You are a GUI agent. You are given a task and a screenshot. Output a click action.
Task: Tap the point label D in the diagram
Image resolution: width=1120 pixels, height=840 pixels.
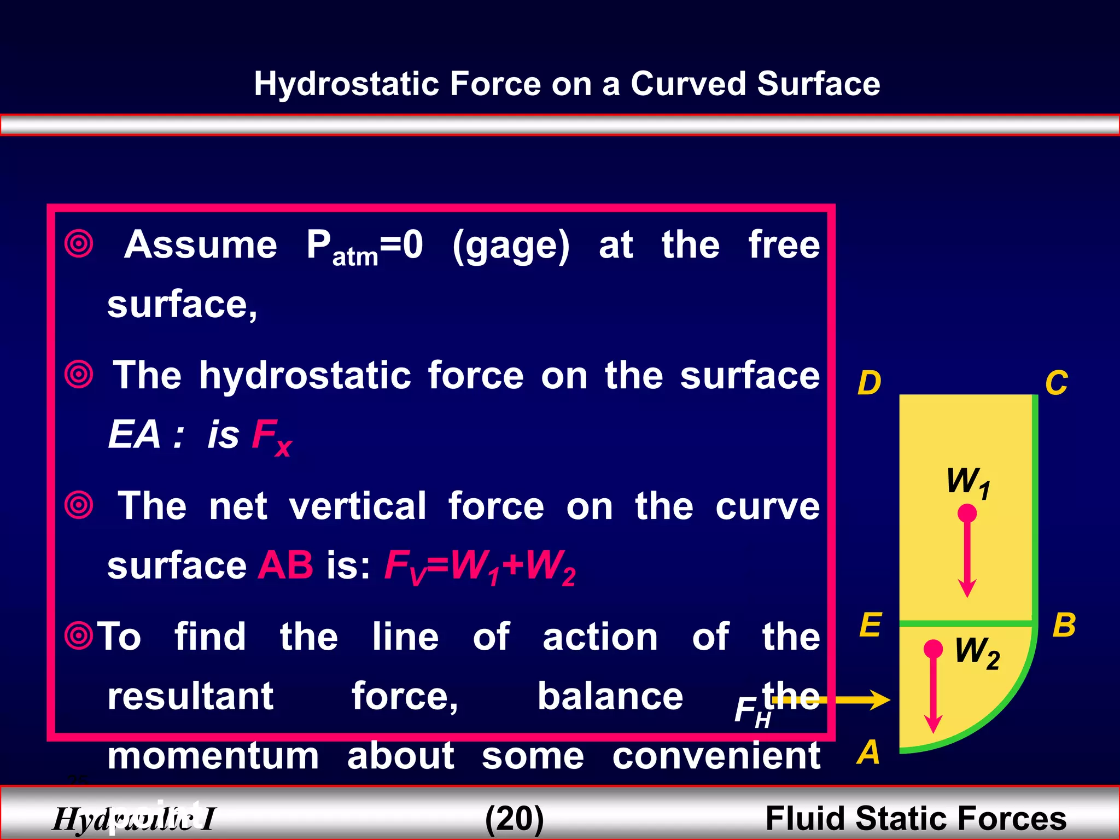[x=869, y=383]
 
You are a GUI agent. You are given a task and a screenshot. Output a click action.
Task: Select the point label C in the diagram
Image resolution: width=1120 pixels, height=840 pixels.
[x=1056, y=383]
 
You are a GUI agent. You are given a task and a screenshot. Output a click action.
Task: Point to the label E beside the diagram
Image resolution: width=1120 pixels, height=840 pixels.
[x=870, y=625]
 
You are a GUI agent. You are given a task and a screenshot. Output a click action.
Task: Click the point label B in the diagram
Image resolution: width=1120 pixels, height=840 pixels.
[x=1064, y=625]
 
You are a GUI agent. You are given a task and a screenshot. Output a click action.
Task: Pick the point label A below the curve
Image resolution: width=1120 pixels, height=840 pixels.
[x=868, y=752]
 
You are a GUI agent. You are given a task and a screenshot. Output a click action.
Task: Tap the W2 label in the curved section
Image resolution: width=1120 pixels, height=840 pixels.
[x=977, y=652]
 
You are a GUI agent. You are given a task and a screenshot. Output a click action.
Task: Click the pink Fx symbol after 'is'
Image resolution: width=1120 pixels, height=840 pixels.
[x=271, y=436]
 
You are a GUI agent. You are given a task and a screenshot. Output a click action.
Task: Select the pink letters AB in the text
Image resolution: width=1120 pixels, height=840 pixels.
[x=286, y=565]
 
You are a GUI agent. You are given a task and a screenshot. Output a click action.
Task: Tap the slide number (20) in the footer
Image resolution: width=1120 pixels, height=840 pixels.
[x=515, y=818]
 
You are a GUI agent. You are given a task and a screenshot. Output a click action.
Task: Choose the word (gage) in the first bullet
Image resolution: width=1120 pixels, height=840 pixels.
[x=511, y=246]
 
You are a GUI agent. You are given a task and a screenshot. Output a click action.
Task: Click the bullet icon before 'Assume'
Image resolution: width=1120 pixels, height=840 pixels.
[x=79, y=243]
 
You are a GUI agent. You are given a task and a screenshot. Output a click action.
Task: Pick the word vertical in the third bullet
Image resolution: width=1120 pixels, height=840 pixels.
[x=358, y=506]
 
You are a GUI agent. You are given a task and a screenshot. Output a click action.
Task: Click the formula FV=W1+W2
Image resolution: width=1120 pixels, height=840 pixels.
[x=480, y=566]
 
